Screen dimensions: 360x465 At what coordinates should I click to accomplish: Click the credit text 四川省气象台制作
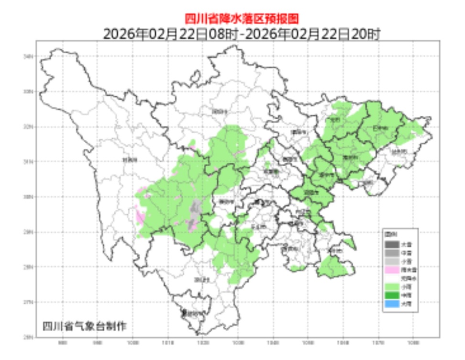[x=84, y=326]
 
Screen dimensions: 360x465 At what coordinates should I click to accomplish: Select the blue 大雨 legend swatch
[x=392, y=304]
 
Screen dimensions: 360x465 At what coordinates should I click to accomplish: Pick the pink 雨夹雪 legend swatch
[x=392, y=270]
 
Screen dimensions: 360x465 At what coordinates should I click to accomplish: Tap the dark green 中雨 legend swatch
[x=392, y=295]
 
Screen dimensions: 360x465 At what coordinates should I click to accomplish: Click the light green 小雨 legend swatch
[x=392, y=286]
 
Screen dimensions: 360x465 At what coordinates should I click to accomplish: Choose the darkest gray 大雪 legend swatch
[x=392, y=244]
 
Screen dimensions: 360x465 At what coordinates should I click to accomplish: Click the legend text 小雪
[x=407, y=261]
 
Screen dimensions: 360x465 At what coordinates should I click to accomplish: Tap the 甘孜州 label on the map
[x=130, y=160]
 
